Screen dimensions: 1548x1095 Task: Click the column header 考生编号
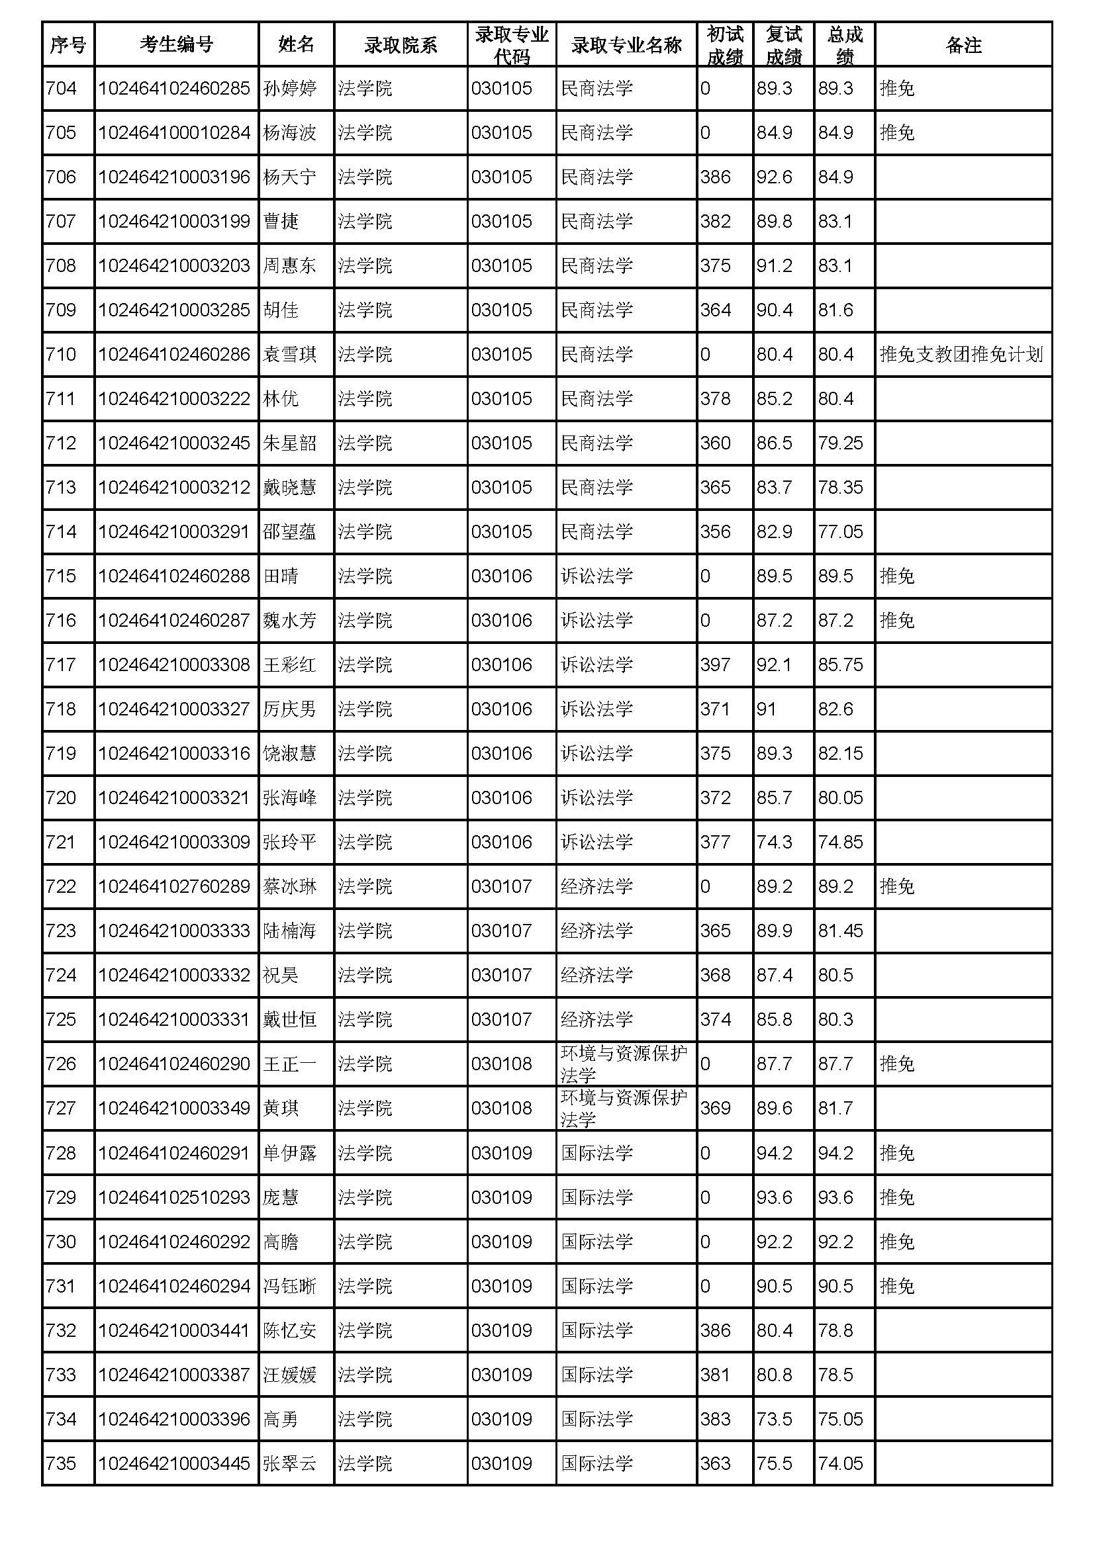(176, 44)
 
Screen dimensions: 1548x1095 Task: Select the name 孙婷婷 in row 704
(289, 88)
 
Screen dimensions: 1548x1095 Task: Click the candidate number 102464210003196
(175, 177)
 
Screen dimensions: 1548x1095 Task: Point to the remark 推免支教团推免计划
(961, 354)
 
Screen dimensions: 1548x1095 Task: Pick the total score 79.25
(840, 443)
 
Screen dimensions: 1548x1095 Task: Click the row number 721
(62, 842)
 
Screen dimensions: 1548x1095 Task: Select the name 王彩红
(289, 664)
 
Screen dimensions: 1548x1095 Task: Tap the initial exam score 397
(716, 664)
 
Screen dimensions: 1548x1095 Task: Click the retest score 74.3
(774, 842)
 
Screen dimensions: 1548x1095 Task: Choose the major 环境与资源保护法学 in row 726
(624, 1064)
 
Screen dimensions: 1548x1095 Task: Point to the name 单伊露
(289, 1153)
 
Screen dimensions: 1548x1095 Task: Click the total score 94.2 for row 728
(835, 1153)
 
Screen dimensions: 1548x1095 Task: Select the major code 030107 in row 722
(502, 887)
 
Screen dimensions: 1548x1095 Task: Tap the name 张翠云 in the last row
(289, 1464)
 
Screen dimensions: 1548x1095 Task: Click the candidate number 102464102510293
(175, 1197)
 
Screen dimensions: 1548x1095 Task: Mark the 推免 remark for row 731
(897, 1287)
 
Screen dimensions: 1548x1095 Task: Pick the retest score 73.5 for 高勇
(774, 1419)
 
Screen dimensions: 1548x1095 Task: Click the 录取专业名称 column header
(626, 44)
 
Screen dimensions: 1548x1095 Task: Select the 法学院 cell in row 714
(365, 532)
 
